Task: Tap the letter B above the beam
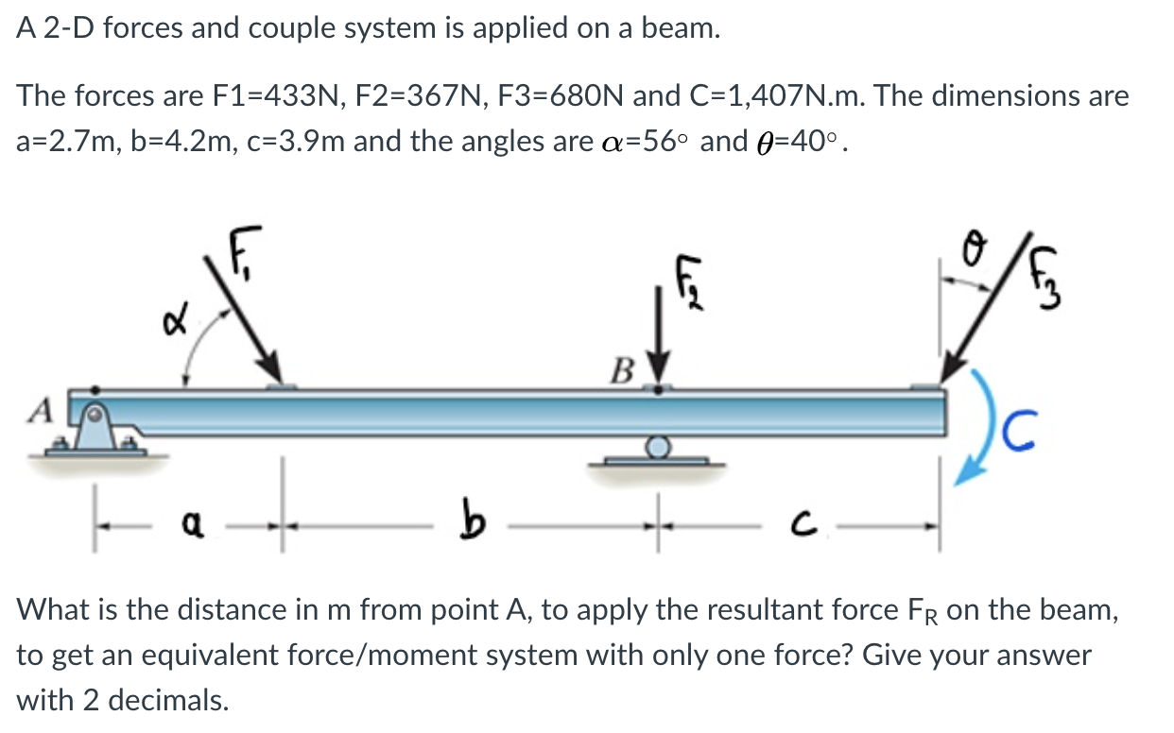click(623, 369)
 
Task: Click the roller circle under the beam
click(659, 444)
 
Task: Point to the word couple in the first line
click(290, 29)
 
